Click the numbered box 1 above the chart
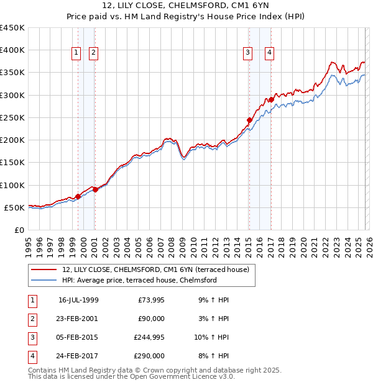point(76,53)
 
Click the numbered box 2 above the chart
point(93,53)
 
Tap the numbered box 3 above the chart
point(247,53)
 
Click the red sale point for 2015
point(249,120)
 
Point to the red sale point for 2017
point(272,99)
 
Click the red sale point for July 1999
point(78,196)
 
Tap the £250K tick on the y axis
point(12,117)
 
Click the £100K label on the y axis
point(12,185)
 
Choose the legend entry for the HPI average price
point(139,280)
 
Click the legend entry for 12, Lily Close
point(155,269)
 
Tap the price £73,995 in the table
point(149,300)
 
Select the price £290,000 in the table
point(149,356)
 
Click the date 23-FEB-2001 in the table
point(78,319)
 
